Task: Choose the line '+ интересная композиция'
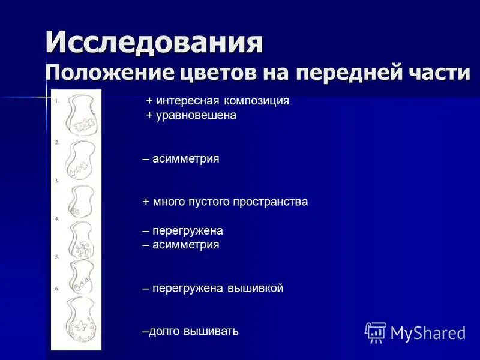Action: (x=218, y=101)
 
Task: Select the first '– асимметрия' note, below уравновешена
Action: (x=181, y=159)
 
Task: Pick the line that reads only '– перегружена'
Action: (x=182, y=231)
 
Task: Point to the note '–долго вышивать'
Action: (x=190, y=331)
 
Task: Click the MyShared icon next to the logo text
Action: (x=376, y=332)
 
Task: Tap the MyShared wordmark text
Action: (x=428, y=332)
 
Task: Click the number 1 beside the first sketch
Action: (x=56, y=101)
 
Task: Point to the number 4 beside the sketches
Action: (x=57, y=219)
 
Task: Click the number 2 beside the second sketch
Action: (x=56, y=142)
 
